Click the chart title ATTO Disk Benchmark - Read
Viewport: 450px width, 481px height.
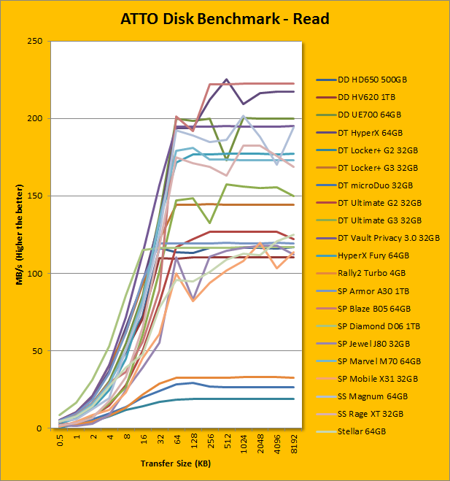225,18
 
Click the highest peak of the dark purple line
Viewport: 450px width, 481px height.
226,79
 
